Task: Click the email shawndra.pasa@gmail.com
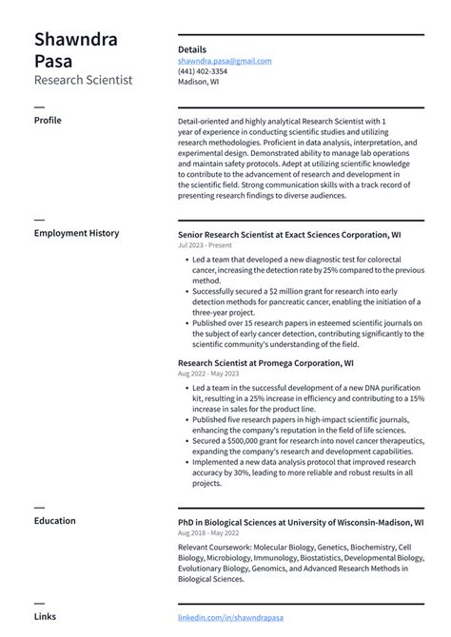[x=225, y=61]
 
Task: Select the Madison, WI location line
[x=198, y=82]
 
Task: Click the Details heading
[x=192, y=49]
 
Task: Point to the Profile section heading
[x=49, y=122]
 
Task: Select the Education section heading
[x=56, y=521]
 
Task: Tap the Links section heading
[x=45, y=617]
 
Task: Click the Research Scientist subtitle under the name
[x=83, y=80]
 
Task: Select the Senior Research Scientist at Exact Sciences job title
[x=288, y=234]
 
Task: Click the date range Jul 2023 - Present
[x=205, y=245]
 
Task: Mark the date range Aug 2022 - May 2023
[x=208, y=375]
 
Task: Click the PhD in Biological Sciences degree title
[x=301, y=523]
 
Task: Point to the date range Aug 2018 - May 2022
[x=208, y=534]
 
